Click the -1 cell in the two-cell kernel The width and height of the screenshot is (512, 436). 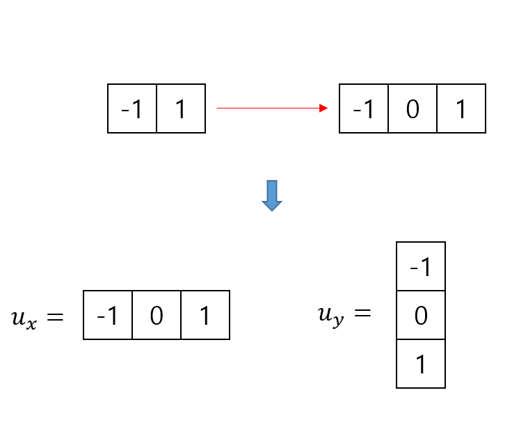(132, 108)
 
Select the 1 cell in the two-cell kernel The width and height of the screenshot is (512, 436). (181, 108)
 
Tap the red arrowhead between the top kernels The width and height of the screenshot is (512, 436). (323, 108)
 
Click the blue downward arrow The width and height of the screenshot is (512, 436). (271, 195)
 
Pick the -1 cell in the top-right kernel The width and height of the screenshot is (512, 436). (364, 108)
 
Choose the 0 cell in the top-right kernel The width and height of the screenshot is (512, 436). (413, 108)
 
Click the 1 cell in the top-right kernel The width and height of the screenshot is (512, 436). (461, 108)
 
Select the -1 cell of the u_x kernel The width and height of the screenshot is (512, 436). (108, 315)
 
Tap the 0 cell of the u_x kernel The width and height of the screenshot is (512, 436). (157, 315)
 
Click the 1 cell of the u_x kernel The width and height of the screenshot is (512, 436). (205, 315)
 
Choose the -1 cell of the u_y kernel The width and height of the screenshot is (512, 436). (421, 266)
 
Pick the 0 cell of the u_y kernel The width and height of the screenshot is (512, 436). (421, 315)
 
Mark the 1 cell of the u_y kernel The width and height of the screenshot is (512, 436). (421, 364)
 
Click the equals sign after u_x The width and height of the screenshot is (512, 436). (55, 317)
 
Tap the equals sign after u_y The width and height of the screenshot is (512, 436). (362, 314)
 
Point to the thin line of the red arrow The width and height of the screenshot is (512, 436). (268, 108)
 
